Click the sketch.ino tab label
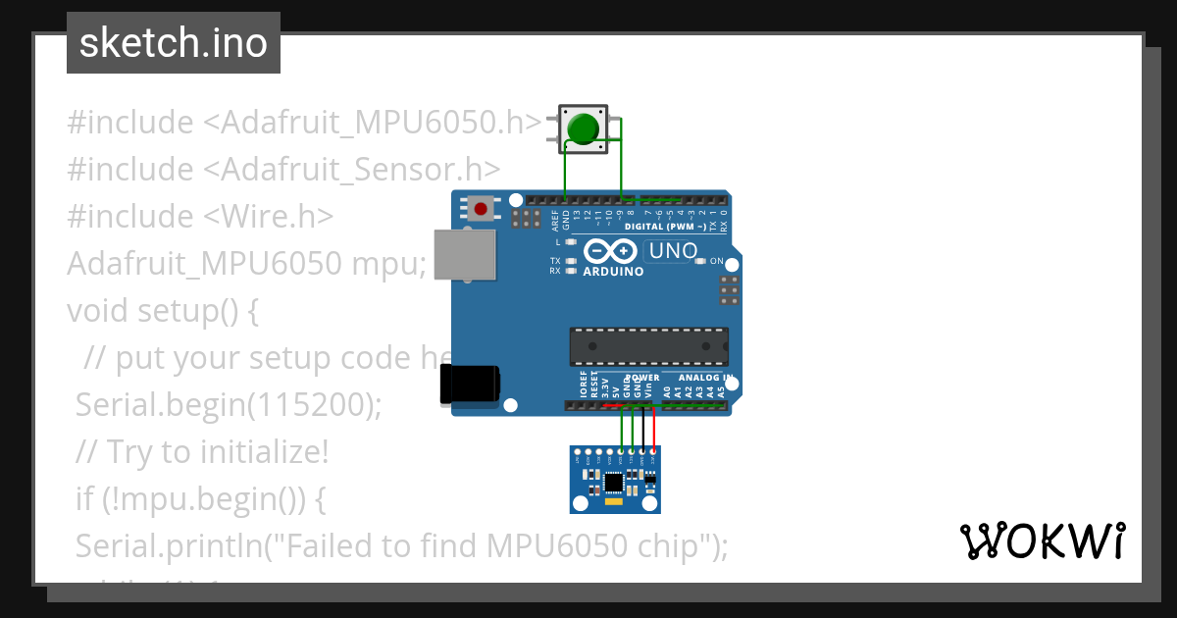tap(174, 43)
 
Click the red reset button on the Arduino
tap(481, 209)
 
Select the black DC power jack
tap(470, 384)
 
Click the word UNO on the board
tap(672, 251)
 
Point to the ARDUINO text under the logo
tap(613, 272)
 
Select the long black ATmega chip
tap(648, 346)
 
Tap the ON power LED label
tap(716, 261)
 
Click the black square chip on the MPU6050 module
tap(614, 482)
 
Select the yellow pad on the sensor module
tap(614, 501)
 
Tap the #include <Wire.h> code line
tap(200, 216)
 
